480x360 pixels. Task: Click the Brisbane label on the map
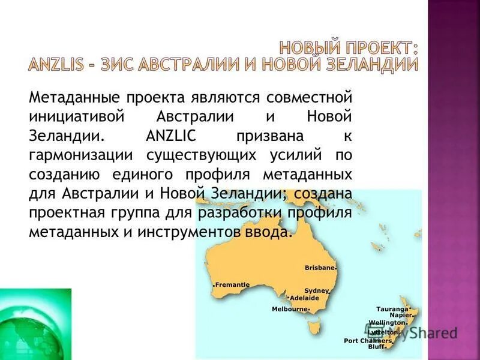319,268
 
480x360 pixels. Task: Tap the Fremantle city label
232,284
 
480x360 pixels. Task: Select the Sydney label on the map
316,290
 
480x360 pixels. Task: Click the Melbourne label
289,309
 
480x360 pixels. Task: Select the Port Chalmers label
368,341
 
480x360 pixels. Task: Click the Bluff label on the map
376,347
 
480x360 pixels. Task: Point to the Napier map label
400,315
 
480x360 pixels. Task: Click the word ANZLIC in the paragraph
167,136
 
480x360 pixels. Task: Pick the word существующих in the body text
198,155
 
